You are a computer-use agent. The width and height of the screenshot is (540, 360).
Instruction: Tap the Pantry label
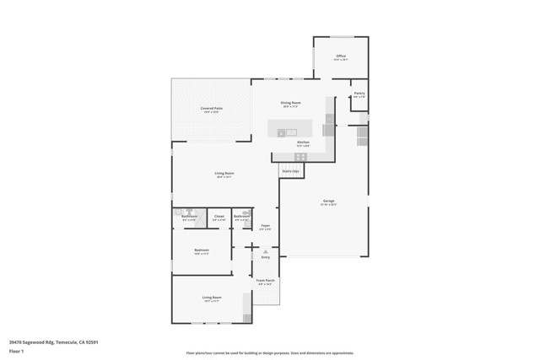(359, 94)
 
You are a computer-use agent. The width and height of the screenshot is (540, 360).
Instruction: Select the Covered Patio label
(212, 109)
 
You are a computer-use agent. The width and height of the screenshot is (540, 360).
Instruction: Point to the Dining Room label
(291, 103)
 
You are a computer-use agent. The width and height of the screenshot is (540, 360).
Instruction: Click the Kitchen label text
(302, 142)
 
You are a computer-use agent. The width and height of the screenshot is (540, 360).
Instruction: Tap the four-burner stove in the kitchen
(300, 157)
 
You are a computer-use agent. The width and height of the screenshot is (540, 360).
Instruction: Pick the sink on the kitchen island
(291, 132)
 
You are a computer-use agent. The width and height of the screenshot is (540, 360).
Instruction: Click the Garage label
(328, 201)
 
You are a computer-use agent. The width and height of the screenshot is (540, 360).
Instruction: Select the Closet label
(219, 216)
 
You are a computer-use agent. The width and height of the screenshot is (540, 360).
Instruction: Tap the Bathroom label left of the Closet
(189, 216)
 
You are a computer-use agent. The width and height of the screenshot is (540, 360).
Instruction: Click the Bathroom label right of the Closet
(242, 217)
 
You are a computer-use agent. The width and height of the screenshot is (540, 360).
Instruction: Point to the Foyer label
(265, 225)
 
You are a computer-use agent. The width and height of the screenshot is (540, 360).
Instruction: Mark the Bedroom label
(202, 250)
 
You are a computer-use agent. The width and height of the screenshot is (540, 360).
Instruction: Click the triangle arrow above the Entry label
(266, 250)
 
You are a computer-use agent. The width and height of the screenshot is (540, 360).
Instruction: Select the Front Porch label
(266, 281)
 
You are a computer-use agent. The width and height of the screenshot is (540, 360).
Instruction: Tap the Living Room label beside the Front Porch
(211, 298)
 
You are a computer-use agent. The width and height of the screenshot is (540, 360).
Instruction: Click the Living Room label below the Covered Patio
(224, 174)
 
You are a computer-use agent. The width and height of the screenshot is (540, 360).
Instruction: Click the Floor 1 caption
(16, 349)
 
